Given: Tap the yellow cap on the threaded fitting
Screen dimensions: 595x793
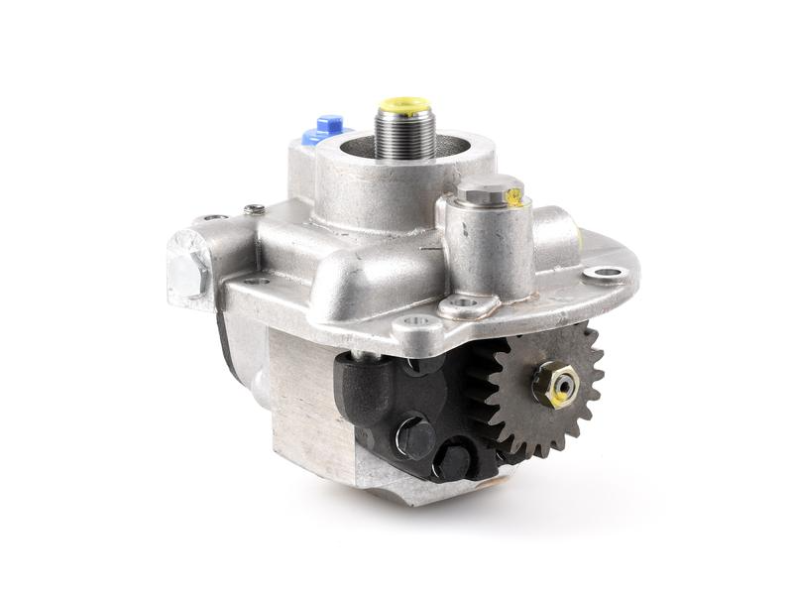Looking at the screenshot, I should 404,104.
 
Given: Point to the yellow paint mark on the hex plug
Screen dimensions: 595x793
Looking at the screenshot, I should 512,197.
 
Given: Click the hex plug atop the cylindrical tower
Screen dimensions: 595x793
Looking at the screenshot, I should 489,188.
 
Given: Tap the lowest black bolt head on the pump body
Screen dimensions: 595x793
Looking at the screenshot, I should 452,461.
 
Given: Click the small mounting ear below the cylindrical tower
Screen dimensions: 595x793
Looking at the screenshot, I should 462,303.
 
